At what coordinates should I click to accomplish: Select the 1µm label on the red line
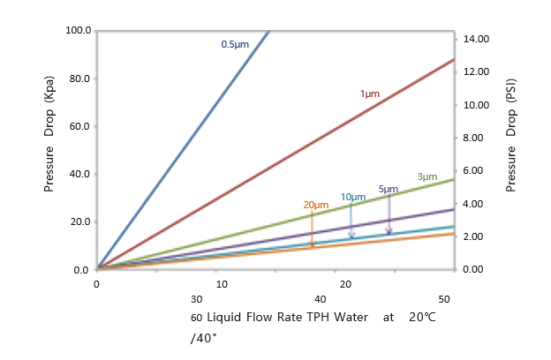tap(369, 94)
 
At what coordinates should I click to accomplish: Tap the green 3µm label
tap(426, 176)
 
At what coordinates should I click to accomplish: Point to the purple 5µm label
tap(388, 189)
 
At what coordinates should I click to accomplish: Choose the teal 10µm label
tap(352, 197)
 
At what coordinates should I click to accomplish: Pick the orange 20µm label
tap(315, 206)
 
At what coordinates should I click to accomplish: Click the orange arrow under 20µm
tap(312, 229)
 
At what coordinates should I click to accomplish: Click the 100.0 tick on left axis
tap(79, 31)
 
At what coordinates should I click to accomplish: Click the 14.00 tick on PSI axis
tap(473, 39)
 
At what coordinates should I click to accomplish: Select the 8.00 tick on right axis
tap(472, 138)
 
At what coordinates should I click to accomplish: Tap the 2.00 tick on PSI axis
tap(472, 236)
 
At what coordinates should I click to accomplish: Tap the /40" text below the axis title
tap(201, 336)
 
